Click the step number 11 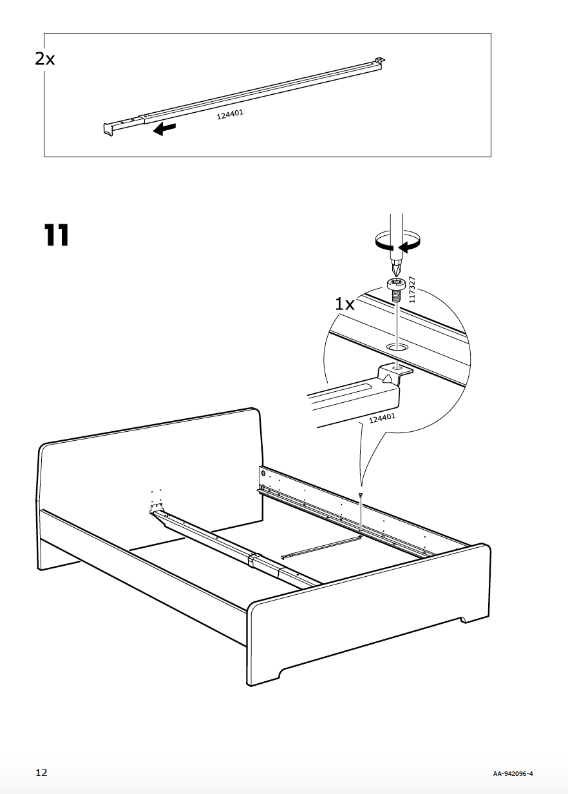pyautogui.click(x=56, y=236)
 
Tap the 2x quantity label pyautogui.click(x=45, y=59)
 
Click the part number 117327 pyautogui.click(x=413, y=289)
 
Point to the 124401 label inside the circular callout pyautogui.click(x=382, y=419)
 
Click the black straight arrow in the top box pyautogui.click(x=164, y=130)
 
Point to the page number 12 pyautogui.click(x=41, y=773)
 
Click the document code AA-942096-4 pyautogui.click(x=514, y=773)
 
